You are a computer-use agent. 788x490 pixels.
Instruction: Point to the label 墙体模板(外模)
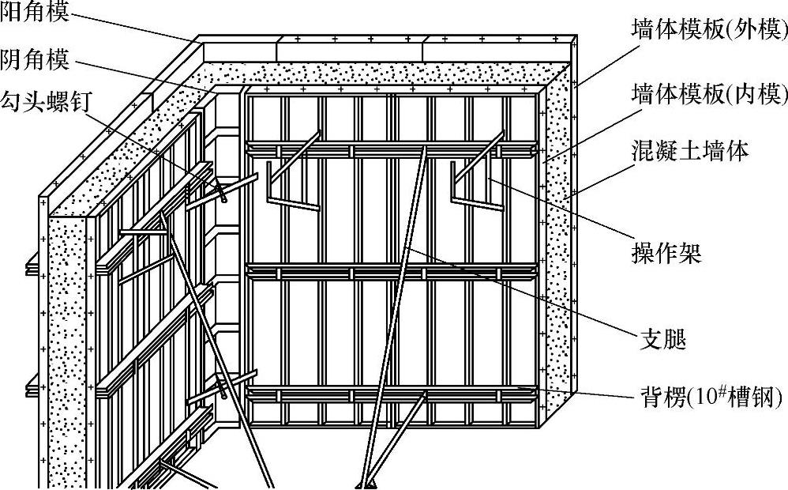pos(709,29)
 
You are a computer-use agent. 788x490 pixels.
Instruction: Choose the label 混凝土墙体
pos(689,151)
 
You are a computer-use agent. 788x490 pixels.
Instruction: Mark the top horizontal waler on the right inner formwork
pos(392,147)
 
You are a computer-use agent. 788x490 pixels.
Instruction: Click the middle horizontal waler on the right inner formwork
pos(392,272)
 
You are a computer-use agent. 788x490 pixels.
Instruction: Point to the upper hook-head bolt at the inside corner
pos(219,189)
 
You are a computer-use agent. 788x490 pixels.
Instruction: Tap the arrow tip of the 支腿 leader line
pos(407,247)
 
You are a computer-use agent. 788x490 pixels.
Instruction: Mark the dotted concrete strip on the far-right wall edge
pos(561,237)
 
